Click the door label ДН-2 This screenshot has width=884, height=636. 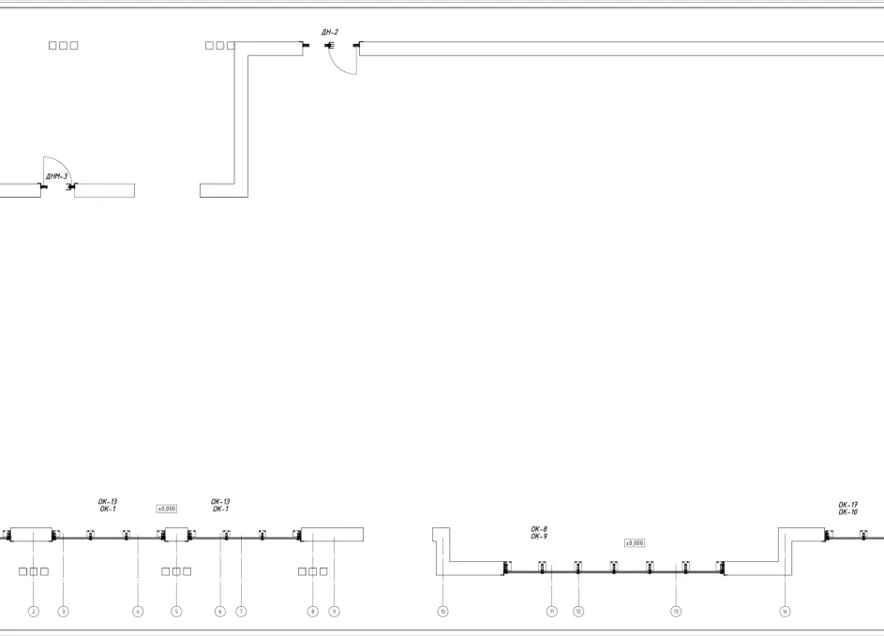pyautogui.click(x=329, y=33)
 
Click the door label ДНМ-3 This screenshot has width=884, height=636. pyautogui.click(x=56, y=176)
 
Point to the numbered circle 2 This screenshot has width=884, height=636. pyautogui.click(x=34, y=612)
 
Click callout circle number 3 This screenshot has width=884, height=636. pyautogui.click(x=64, y=612)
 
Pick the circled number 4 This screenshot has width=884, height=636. pyautogui.click(x=138, y=612)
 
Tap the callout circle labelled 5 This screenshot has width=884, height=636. pyautogui.click(x=176, y=612)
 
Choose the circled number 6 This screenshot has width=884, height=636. pyautogui.click(x=220, y=612)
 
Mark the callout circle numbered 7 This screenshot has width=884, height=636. pyautogui.click(x=241, y=612)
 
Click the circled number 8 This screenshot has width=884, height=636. pyautogui.click(x=313, y=612)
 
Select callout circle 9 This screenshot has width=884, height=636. pyautogui.click(x=334, y=612)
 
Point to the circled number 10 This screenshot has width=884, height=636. pyautogui.click(x=442, y=612)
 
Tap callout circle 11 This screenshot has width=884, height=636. pyautogui.click(x=552, y=612)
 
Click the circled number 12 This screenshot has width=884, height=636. pyautogui.click(x=578, y=612)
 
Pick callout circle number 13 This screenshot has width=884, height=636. pyautogui.click(x=676, y=612)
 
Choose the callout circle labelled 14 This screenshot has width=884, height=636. pyautogui.click(x=786, y=612)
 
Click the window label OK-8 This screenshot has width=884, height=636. pyautogui.click(x=539, y=529)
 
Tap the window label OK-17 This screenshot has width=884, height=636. pyautogui.click(x=848, y=505)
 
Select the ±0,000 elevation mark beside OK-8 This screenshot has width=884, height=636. pyautogui.click(x=634, y=542)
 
